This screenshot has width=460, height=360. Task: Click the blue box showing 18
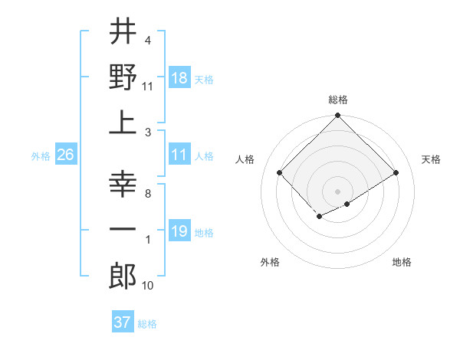click(179, 77)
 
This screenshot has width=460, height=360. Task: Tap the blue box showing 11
click(179, 155)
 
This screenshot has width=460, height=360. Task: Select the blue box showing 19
click(179, 231)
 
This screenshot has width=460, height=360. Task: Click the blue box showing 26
click(66, 155)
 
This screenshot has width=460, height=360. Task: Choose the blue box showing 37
click(123, 322)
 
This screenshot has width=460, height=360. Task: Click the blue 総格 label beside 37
click(147, 324)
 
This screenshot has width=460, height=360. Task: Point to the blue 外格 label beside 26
click(41, 156)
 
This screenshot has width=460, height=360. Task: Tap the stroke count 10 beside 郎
click(148, 286)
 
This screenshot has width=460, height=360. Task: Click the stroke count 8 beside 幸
click(147, 194)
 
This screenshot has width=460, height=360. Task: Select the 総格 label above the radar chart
click(337, 100)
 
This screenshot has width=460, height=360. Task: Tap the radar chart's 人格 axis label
click(245, 159)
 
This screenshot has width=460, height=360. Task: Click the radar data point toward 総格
click(337, 116)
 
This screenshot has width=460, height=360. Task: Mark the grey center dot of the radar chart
click(337, 190)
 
